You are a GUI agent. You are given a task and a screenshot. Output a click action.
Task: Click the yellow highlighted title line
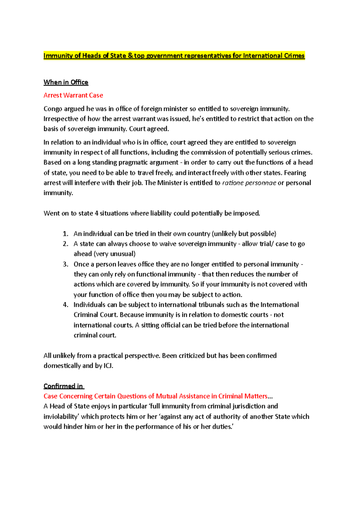tap(174, 56)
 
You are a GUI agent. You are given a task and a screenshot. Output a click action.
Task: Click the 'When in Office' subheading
tap(66, 82)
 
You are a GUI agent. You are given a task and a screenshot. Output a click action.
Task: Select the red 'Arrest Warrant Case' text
tap(73, 95)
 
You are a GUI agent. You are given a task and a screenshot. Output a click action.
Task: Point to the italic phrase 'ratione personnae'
tap(249, 183)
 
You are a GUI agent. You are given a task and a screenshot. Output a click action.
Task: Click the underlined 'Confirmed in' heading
tap(63, 386)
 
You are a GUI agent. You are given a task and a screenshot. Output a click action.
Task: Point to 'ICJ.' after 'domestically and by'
tap(108, 366)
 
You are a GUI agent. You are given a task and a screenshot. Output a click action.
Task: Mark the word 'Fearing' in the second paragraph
tap(295, 173)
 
